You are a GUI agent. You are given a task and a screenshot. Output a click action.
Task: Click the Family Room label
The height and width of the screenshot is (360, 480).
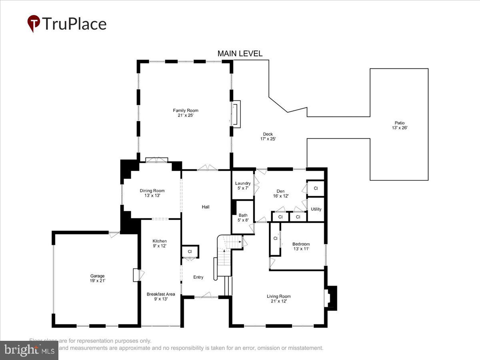(185, 113)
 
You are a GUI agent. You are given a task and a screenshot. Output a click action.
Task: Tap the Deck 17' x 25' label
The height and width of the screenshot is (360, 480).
(268, 136)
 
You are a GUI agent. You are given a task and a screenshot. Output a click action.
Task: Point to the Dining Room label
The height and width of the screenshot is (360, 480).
(152, 193)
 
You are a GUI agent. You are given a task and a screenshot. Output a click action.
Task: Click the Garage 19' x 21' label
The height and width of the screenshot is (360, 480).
(97, 278)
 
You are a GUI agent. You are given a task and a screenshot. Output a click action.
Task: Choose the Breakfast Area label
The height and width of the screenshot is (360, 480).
(160, 296)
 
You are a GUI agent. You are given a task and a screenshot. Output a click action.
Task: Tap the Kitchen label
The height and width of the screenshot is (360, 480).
(159, 243)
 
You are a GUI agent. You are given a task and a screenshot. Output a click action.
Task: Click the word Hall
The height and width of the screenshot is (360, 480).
(205, 207)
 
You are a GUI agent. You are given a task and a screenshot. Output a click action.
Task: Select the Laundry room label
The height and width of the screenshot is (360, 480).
(243, 186)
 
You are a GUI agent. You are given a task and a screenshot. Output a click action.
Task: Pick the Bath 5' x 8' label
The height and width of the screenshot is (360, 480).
(243, 218)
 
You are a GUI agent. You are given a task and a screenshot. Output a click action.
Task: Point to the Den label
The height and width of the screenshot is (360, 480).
(280, 193)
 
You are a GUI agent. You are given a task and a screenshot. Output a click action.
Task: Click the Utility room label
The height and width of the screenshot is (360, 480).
(316, 209)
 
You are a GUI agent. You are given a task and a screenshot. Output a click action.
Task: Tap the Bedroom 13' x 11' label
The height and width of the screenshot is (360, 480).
(301, 246)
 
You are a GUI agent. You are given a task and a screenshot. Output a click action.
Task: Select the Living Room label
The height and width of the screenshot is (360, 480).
(279, 298)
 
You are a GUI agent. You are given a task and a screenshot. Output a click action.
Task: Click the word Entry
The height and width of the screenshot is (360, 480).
(198, 277)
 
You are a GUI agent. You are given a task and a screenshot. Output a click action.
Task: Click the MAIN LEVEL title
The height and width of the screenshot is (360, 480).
(240, 54)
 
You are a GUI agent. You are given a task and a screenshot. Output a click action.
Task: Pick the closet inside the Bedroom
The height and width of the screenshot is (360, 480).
(275, 239)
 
